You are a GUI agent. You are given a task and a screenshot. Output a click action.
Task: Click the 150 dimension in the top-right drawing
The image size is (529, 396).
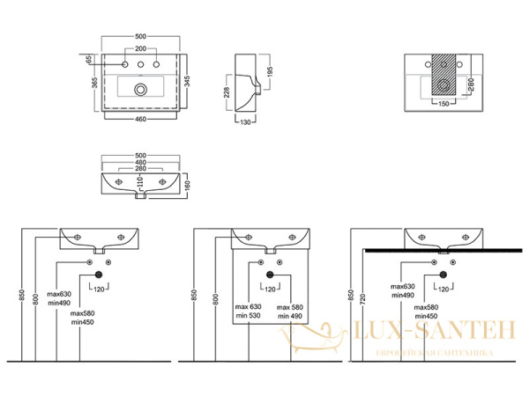(443, 103)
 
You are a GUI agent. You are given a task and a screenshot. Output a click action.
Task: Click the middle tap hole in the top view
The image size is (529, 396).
(140, 66)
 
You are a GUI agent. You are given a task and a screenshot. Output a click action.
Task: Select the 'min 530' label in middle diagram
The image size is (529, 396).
(246, 315)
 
